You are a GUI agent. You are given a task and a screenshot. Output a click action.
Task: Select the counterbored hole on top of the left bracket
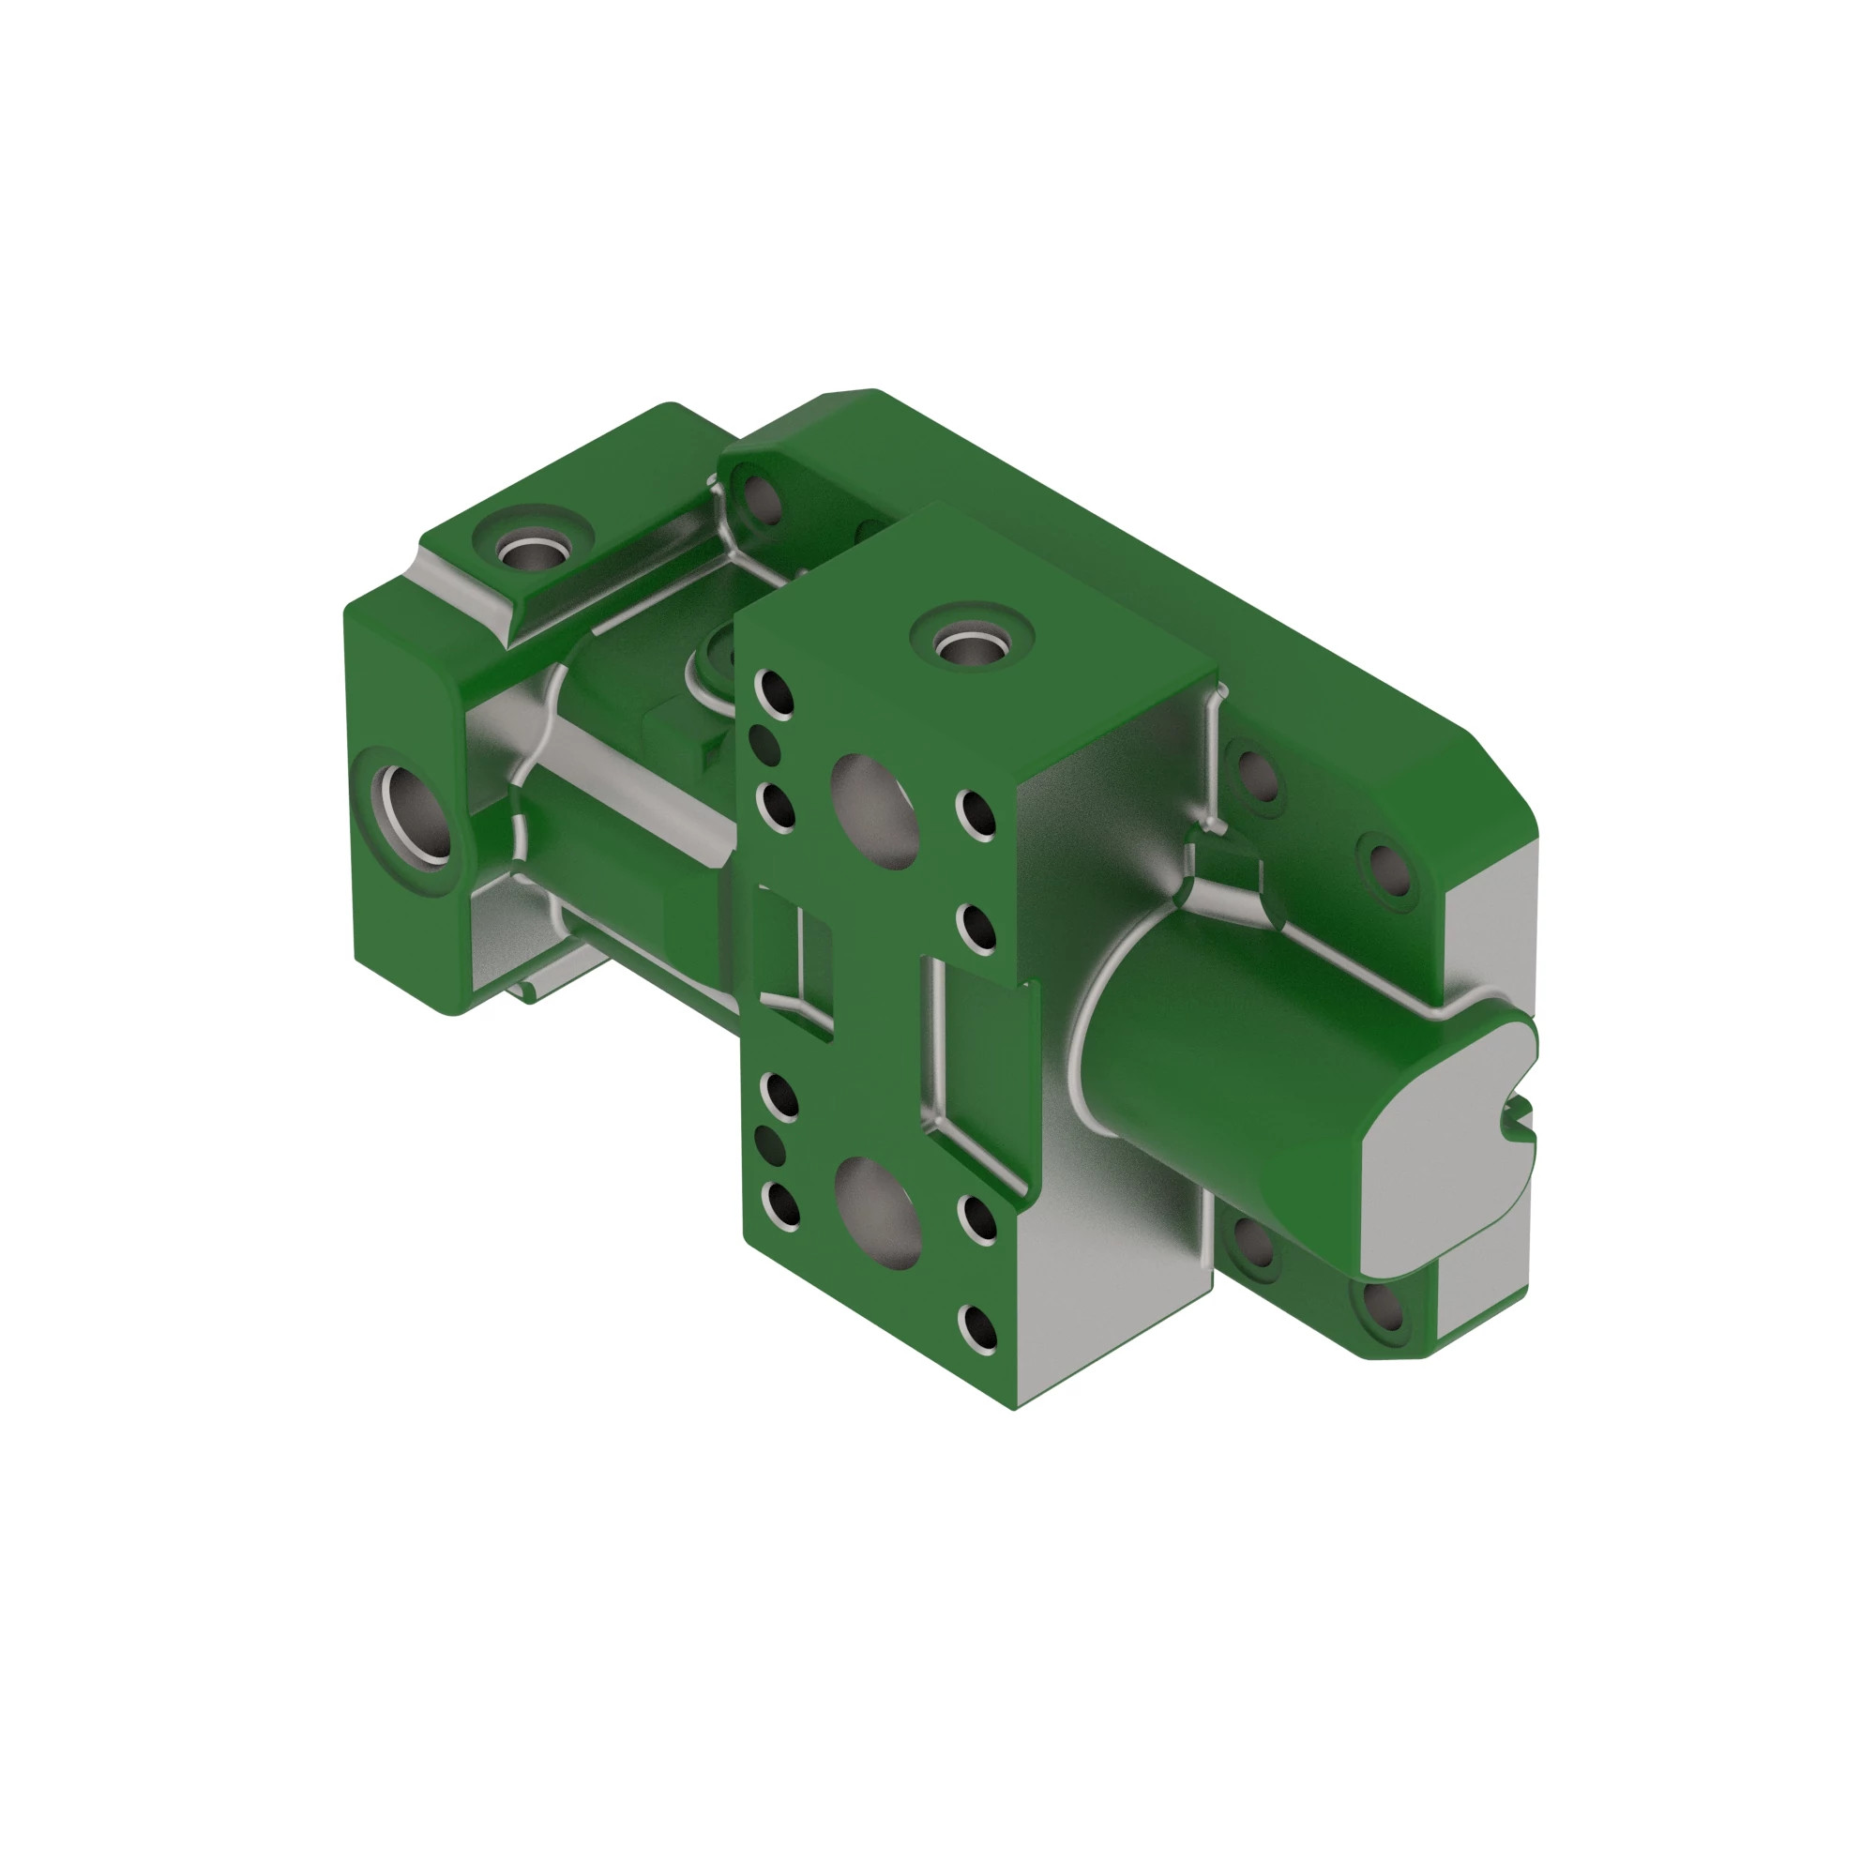coord(532,551)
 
